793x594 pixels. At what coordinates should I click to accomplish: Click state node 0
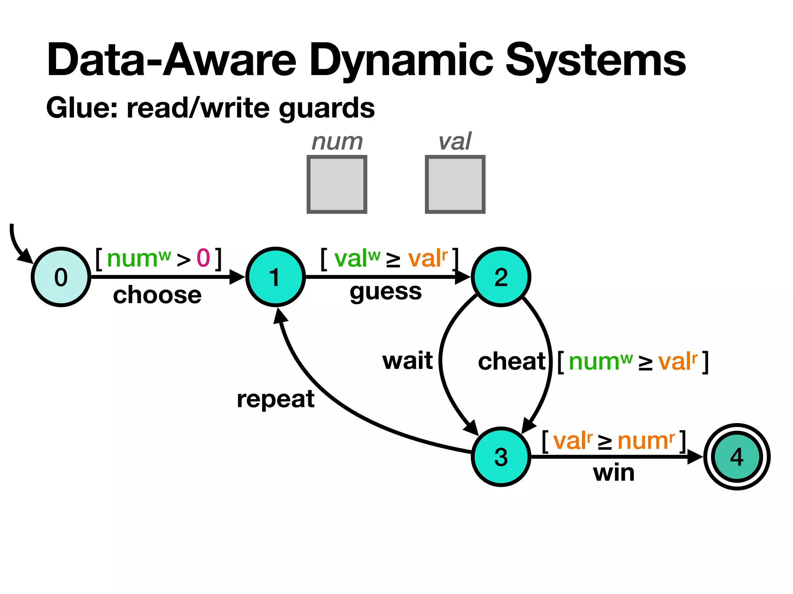pyautogui.click(x=61, y=277)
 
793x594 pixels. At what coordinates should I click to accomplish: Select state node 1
pyautogui.click(x=275, y=277)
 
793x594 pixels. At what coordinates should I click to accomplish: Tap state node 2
pyautogui.click(x=501, y=277)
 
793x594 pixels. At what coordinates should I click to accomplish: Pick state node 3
pyautogui.click(x=501, y=457)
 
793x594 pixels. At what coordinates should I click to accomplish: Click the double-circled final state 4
pyautogui.click(x=737, y=457)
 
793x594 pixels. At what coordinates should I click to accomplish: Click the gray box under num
pyautogui.click(x=336, y=184)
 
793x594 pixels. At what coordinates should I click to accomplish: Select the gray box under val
pyautogui.click(x=455, y=184)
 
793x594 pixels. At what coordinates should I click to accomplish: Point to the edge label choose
pyautogui.click(x=157, y=295)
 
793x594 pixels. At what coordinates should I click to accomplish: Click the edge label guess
pyautogui.click(x=385, y=292)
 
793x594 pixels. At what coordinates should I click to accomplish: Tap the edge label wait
pyautogui.click(x=407, y=361)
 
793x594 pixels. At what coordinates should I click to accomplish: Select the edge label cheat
pyautogui.click(x=512, y=362)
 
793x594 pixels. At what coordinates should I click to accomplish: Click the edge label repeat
pyautogui.click(x=275, y=399)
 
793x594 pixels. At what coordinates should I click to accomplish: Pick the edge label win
pyautogui.click(x=614, y=473)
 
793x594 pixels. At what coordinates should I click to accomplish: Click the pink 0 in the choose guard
pyautogui.click(x=203, y=258)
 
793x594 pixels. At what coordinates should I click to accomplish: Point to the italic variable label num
pyautogui.click(x=337, y=142)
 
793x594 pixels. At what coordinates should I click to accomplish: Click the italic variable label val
pyautogui.click(x=455, y=142)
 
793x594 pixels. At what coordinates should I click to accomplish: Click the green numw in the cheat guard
pyautogui.click(x=600, y=362)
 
